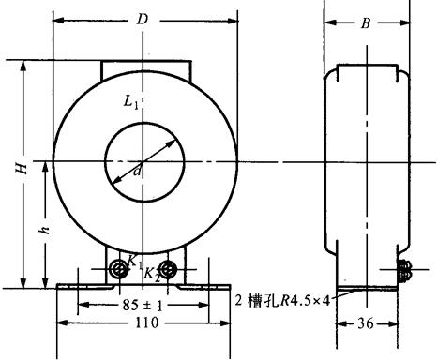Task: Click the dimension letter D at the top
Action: click(143, 20)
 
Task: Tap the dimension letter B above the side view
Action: click(366, 23)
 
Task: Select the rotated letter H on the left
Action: click(23, 168)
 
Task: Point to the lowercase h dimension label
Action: click(44, 230)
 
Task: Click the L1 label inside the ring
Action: click(130, 102)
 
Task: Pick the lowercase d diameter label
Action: click(137, 172)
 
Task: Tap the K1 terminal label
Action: click(135, 262)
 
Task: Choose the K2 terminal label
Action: click(152, 275)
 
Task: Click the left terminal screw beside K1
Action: click(119, 269)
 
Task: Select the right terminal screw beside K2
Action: click(168, 269)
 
